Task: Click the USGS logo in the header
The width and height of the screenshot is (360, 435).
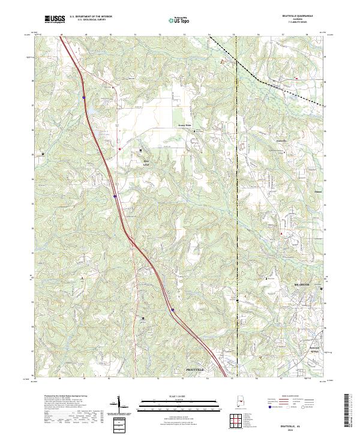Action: [55, 19]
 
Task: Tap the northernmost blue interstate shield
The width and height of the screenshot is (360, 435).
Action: [83, 97]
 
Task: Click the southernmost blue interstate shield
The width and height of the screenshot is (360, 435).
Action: [173, 310]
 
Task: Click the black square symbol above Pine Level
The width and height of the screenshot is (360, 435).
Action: [142, 150]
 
